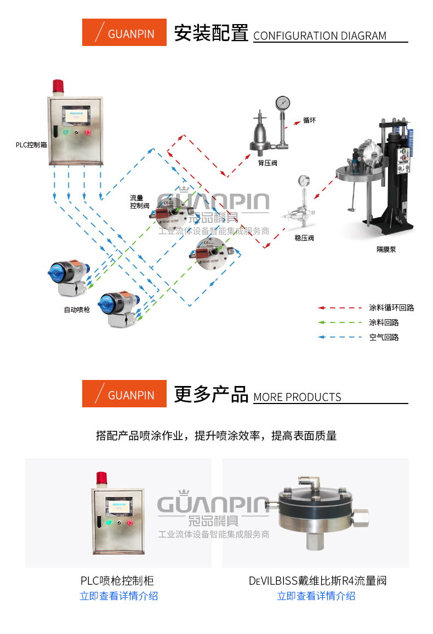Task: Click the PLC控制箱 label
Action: tap(31, 145)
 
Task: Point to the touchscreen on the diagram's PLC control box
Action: tap(76, 116)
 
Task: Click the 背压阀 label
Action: tap(267, 163)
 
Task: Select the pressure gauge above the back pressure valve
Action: tap(282, 103)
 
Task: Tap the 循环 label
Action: tap(309, 120)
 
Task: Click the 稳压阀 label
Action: tap(304, 238)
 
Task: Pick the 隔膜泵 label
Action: tap(386, 250)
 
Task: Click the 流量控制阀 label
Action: tap(139, 202)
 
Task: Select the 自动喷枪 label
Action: tap(77, 310)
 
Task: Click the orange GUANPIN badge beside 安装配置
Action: tap(124, 32)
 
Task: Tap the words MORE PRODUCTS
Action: tap(298, 397)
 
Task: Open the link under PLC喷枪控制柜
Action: tap(118, 596)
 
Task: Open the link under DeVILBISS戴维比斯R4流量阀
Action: tap(316, 596)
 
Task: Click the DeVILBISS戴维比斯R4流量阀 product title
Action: tap(318, 581)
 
